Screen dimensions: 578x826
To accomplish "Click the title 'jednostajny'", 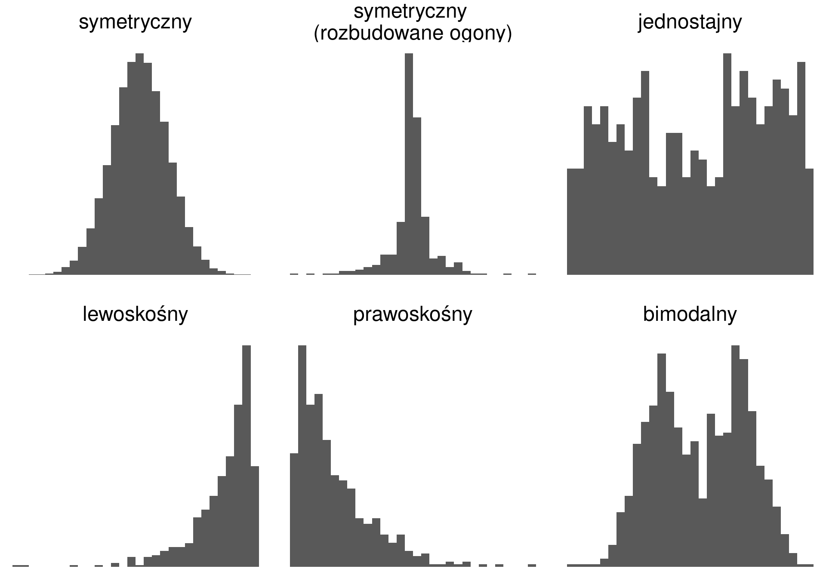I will click(x=690, y=22).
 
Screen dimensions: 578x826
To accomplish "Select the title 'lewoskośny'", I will click(x=135, y=314).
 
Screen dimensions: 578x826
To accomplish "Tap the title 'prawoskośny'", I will click(x=413, y=314).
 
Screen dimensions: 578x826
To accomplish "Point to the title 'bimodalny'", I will click(x=690, y=314).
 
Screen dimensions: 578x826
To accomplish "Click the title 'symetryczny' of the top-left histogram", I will click(x=135, y=22).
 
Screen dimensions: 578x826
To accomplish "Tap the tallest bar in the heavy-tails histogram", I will click(x=409, y=163).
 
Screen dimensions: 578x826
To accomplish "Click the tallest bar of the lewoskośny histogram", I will click(x=247, y=456).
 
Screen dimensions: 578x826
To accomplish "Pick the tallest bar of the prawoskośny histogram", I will click(x=302, y=456).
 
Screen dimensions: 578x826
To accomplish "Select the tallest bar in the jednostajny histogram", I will click(x=727, y=163).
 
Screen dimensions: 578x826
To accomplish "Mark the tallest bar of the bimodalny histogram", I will click(x=736, y=456).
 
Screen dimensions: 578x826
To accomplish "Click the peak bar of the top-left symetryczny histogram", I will click(x=139, y=163).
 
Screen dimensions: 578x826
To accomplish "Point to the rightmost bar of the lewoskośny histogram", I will click(x=255, y=516).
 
